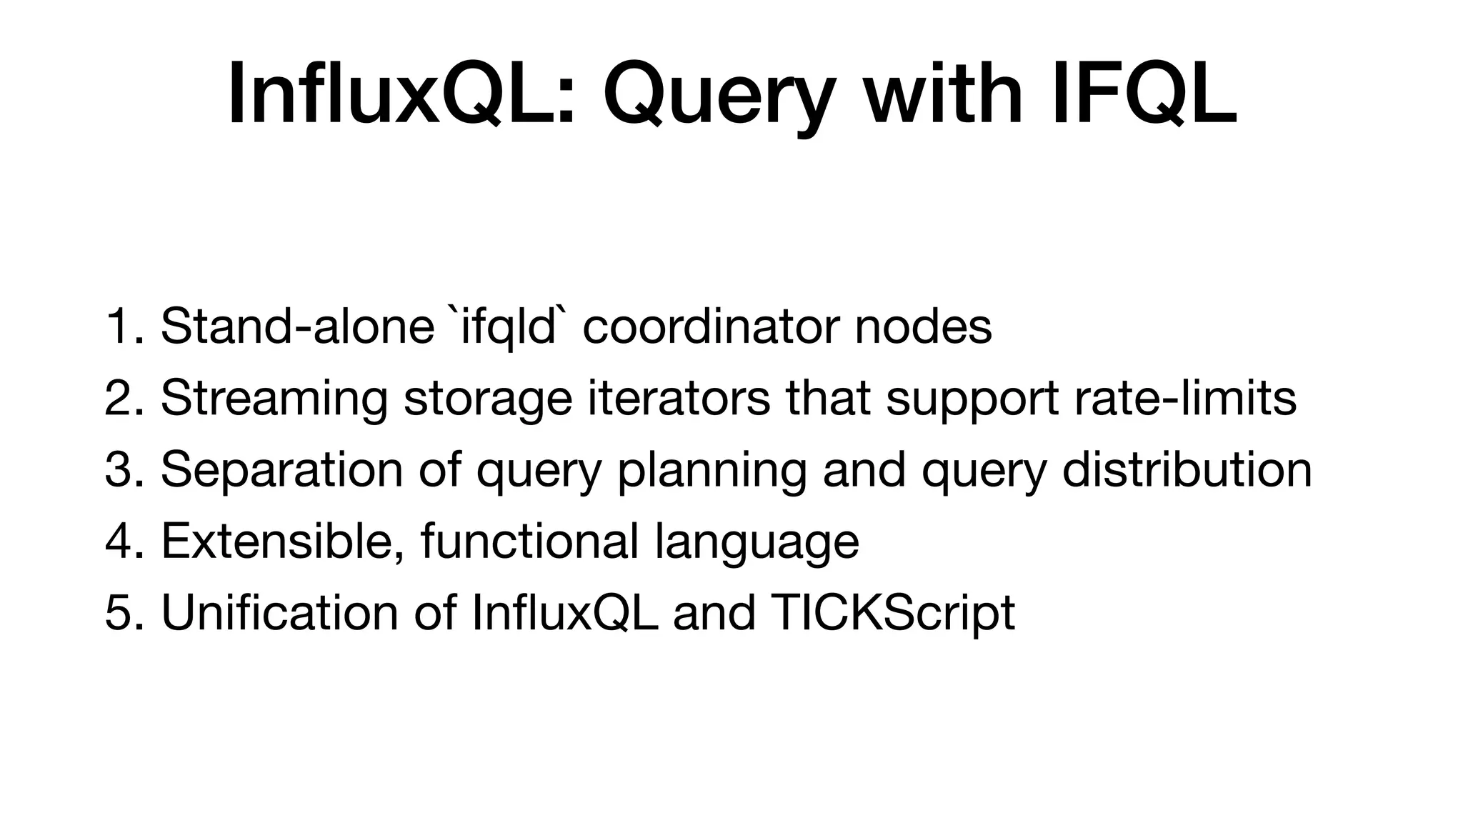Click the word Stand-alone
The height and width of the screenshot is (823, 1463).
click(297, 326)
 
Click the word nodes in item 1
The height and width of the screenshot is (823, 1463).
click(923, 326)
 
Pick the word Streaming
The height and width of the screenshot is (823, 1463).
click(274, 399)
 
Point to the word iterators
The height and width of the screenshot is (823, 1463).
click(679, 398)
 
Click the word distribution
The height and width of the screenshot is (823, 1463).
click(1187, 470)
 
